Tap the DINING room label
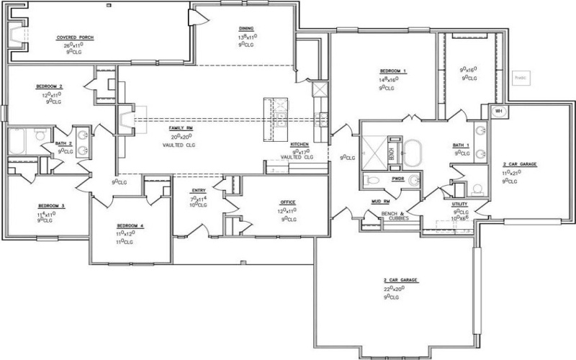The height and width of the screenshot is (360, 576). [x=246, y=29]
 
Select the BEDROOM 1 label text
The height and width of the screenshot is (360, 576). [x=394, y=71]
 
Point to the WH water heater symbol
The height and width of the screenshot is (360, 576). [x=497, y=112]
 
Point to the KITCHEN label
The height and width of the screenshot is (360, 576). [x=299, y=144]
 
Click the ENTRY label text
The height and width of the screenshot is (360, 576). [x=199, y=190]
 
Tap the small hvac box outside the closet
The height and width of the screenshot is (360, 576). [x=520, y=76]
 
